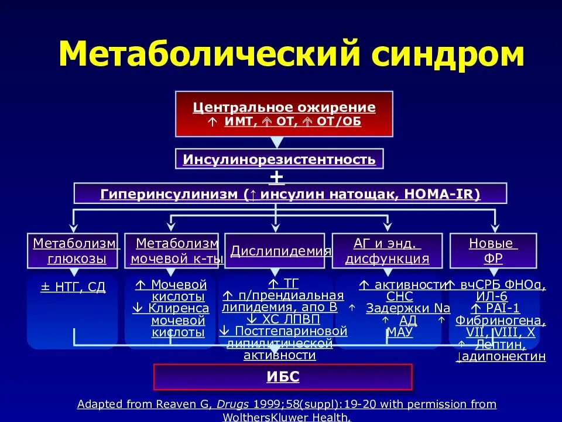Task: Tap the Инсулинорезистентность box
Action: pyautogui.click(x=279, y=159)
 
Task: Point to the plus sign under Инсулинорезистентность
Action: pyautogui.click(x=276, y=176)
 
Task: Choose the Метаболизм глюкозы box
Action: pyautogui.click(x=74, y=250)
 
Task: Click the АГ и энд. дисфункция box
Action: pyautogui.click(x=387, y=250)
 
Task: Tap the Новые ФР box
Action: pyautogui.click(x=492, y=250)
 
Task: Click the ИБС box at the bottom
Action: pyautogui.click(x=283, y=377)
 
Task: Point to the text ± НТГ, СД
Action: pyautogui.click(x=73, y=287)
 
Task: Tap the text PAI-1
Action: pyautogui.click(x=499, y=308)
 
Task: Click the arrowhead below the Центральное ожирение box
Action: pyautogui.click(x=276, y=142)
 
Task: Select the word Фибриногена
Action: pyautogui.click(x=500, y=321)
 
